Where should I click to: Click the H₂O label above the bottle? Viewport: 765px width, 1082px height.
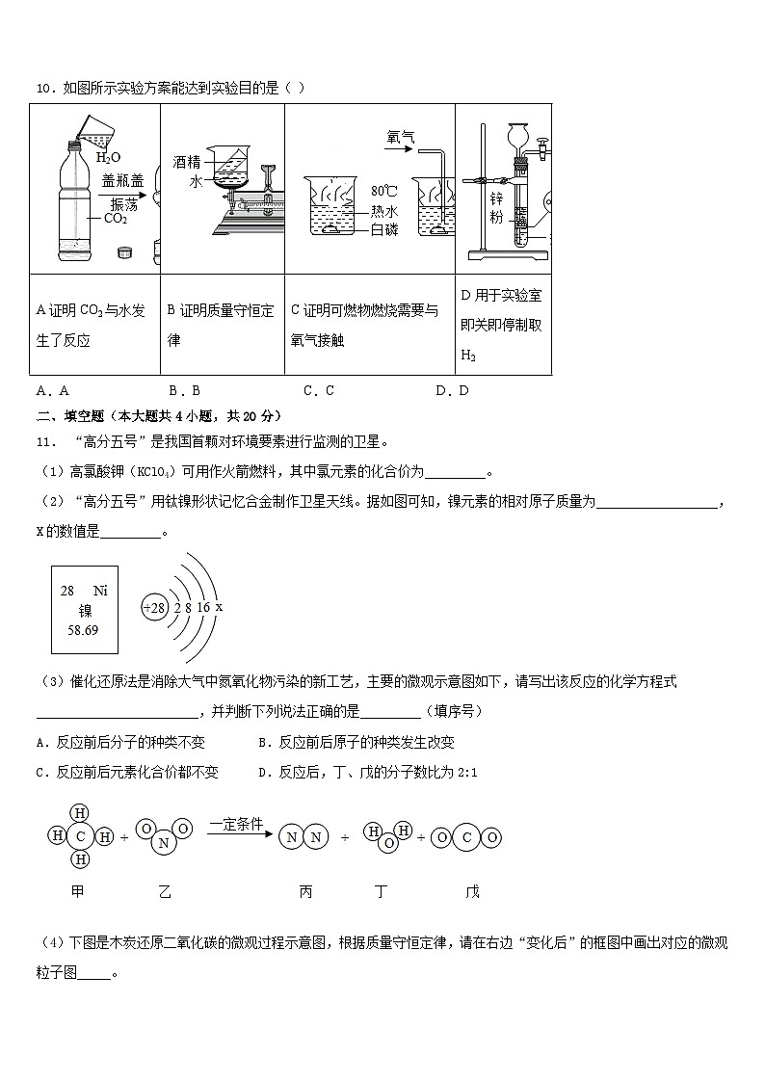click(108, 157)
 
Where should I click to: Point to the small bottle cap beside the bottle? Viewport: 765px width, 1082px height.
click(122, 252)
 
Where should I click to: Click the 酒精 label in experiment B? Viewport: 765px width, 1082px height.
click(187, 162)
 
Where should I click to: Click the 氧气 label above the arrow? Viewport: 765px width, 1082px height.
click(400, 138)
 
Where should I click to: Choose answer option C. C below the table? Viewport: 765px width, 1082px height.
click(318, 390)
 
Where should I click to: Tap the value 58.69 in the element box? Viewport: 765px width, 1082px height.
click(84, 630)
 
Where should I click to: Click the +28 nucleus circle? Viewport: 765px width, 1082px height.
click(154, 608)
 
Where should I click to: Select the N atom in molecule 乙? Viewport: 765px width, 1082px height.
click(163, 843)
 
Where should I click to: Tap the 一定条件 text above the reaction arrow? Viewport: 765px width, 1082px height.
click(236, 825)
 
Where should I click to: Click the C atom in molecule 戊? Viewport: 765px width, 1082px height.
click(466, 838)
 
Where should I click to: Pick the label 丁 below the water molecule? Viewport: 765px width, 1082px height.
click(382, 892)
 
